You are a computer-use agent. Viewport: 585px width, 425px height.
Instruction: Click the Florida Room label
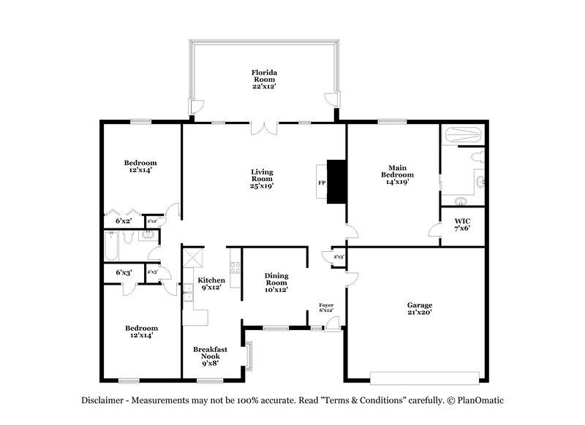(263, 79)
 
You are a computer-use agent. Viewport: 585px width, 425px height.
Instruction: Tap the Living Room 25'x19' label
(263, 178)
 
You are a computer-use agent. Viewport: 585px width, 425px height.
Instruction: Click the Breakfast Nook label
(210, 354)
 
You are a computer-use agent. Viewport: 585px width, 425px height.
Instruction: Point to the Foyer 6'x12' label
(326, 307)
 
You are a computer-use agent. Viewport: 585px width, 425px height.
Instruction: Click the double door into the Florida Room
(263, 129)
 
